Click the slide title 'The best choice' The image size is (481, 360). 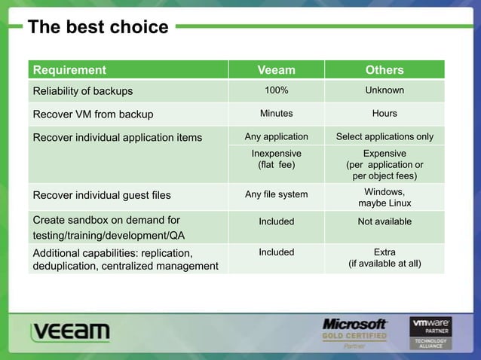tap(98, 28)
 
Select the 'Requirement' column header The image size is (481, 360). tap(69, 70)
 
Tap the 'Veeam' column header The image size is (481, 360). tap(276, 70)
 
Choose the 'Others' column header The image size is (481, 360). tap(384, 70)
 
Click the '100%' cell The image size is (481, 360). tap(276, 91)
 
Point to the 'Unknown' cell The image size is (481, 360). tap(384, 91)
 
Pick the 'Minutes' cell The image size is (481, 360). tap(276, 114)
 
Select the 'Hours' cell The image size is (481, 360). tap(384, 114)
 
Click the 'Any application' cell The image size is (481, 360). tap(276, 137)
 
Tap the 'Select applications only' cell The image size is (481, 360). tap(384, 137)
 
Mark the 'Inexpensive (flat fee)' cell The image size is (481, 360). tap(276, 159)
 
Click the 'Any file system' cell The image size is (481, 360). tap(276, 195)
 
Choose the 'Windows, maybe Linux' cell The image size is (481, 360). tap(384, 198)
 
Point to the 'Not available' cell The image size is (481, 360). tap(384, 221)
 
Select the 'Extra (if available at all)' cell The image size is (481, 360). tap(384, 258)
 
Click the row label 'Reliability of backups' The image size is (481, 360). tap(82, 92)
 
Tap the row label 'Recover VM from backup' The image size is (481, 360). tap(92, 114)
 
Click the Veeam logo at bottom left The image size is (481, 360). tap(71, 332)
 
